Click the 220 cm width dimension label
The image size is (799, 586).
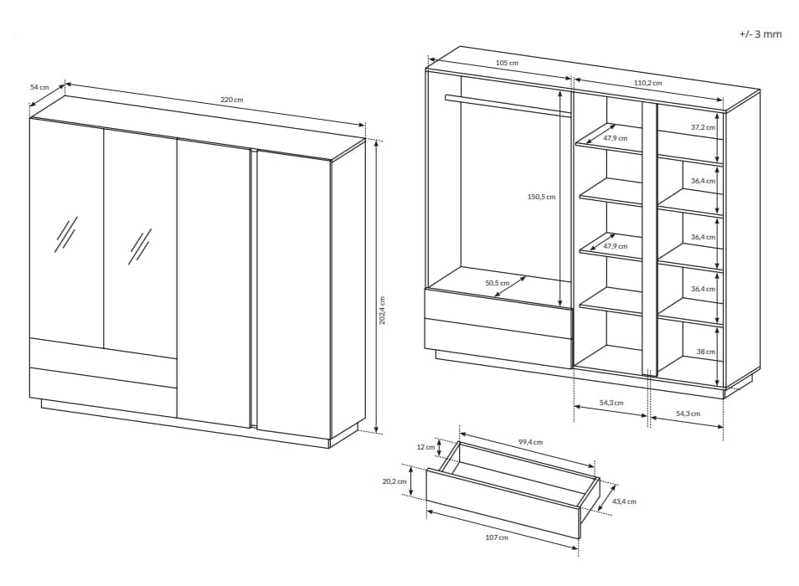[x=232, y=100]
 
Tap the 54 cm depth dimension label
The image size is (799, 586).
[x=39, y=87]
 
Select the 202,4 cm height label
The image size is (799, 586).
[x=382, y=311]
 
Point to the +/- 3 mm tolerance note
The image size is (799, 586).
[x=760, y=34]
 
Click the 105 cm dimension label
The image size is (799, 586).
[x=507, y=63]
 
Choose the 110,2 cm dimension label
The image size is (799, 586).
[x=647, y=83]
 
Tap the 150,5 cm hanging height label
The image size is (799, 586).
[x=541, y=197]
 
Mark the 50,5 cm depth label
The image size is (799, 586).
[x=497, y=283]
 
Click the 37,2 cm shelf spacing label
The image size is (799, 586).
[x=704, y=127]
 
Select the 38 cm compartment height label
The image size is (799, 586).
[x=706, y=352]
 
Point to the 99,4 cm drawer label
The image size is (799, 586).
[x=530, y=442]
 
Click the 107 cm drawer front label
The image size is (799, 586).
[x=497, y=537]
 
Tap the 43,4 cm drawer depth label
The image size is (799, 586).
[x=624, y=501]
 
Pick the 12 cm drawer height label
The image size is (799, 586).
[x=426, y=447]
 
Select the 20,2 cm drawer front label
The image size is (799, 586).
[x=394, y=481]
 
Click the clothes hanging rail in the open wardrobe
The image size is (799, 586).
[x=508, y=105]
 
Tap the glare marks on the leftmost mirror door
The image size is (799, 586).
[x=66, y=234]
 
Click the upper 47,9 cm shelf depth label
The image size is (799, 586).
[x=615, y=138]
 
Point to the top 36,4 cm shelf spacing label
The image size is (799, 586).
[x=704, y=181]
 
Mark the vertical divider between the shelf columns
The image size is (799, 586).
[x=650, y=239]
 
